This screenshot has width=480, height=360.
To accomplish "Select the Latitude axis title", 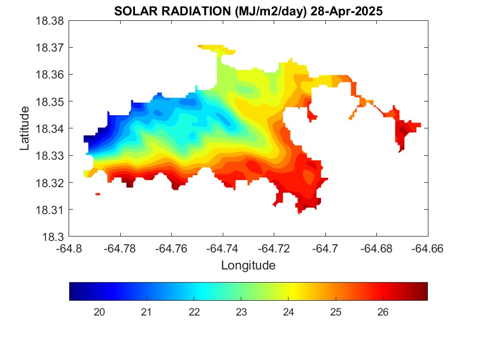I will point(25,128).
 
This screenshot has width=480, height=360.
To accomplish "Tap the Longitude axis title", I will point(248,266).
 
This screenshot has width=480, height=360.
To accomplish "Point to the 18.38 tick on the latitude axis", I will point(51,21).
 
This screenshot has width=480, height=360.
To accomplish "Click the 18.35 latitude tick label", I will point(51,102).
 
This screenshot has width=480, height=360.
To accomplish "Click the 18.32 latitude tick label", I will point(51,183).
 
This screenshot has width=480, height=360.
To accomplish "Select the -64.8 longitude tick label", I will point(70,248).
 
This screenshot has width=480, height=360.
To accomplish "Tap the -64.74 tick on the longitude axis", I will point(223,248).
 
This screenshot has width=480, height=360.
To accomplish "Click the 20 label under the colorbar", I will point(99,312).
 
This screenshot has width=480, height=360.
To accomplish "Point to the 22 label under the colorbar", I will point(194,312).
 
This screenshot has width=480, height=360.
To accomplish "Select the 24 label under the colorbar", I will point(289,312).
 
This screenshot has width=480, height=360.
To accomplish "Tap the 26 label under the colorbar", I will point(383,312).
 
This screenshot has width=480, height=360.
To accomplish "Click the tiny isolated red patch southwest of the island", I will point(98,194).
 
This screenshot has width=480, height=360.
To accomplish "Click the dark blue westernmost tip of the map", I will point(87,138).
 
